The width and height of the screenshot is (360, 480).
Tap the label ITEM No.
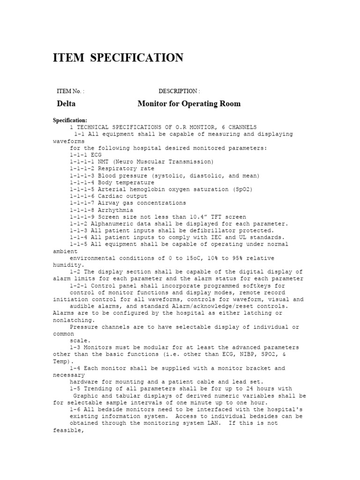click(70, 91)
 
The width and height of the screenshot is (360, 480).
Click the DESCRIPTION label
click(179, 91)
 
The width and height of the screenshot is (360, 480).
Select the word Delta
click(66, 104)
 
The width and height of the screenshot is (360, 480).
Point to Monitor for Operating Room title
click(189, 104)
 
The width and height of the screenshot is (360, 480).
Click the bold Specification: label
click(70, 120)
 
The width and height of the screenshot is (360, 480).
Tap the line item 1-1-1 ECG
click(85, 155)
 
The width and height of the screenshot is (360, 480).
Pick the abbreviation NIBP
click(243, 355)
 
